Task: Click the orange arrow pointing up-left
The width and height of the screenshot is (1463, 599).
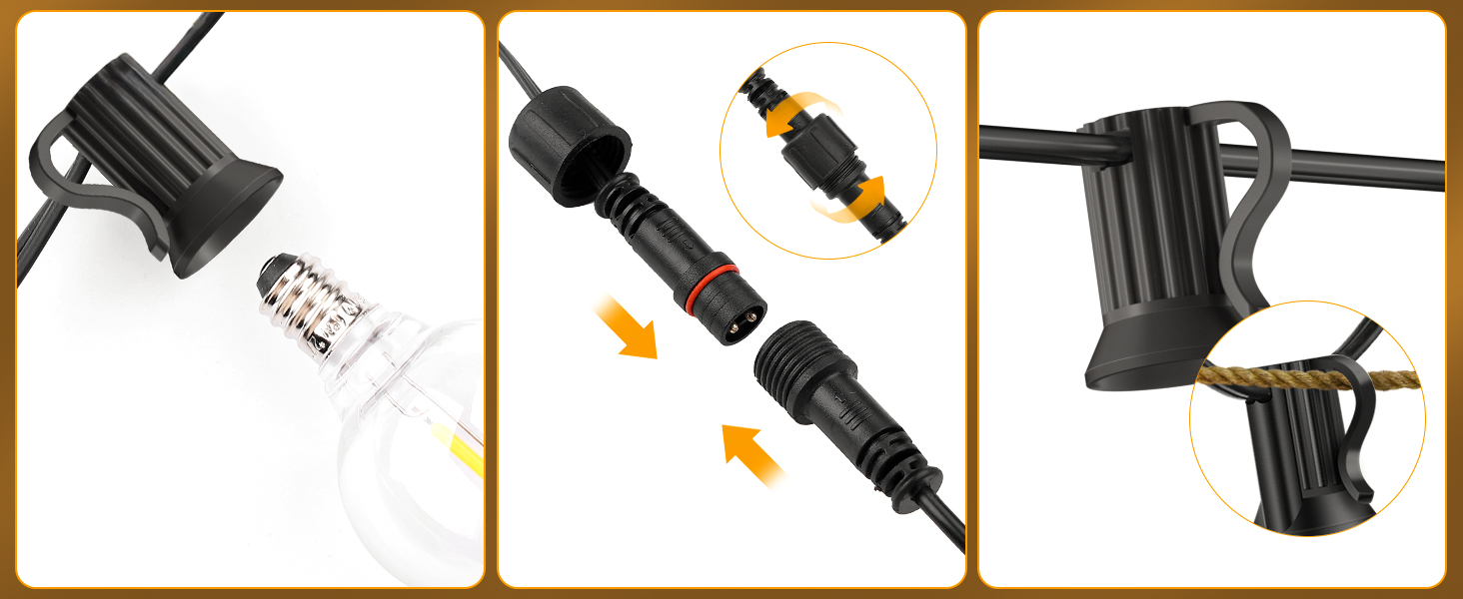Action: [x=751, y=452]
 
